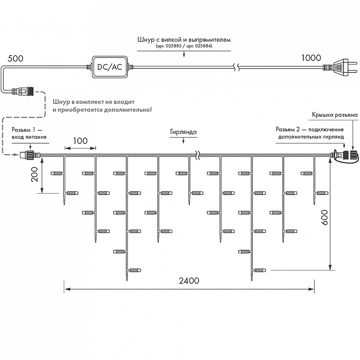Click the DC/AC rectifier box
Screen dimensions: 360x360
(x=110, y=67)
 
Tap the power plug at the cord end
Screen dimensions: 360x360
(x=340, y=67)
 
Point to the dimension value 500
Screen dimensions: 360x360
(x=15, y=58)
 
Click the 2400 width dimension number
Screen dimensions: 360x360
(x=189, y=281)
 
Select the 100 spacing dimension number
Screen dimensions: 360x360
(x=80, y=141)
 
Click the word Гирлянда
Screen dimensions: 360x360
(x=183, y=132)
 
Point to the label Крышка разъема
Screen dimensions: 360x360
(x=334, y=115)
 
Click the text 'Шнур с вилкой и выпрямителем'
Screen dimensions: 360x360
(x=184, y=39)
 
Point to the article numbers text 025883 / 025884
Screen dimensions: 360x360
(x=184, y=46)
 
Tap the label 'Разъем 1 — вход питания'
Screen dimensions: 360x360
(x=29, y=133)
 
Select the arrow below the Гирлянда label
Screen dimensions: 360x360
(x=184, y=141)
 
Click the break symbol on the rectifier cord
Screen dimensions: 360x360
(x=235, y=67)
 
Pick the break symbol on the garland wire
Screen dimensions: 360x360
(x=197, y=154)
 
